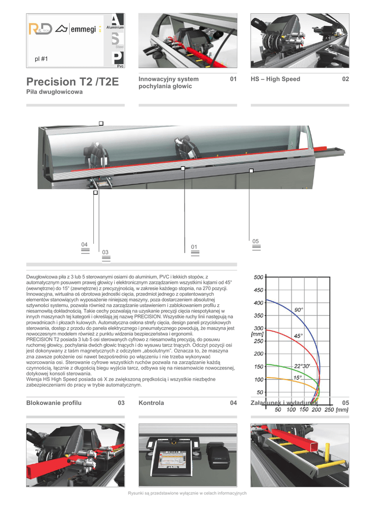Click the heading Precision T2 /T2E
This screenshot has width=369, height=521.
[x=72, y=82]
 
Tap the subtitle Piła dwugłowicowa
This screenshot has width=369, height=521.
[x=55, y=92]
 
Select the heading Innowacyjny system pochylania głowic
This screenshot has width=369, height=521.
[x=169, y=82]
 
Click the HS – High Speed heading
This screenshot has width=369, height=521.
[x=275, y=79]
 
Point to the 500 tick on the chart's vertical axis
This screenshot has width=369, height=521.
[x=258, y=277]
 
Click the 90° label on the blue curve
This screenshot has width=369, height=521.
[x=299, y=309]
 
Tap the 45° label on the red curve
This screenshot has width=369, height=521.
[x=298, y=336]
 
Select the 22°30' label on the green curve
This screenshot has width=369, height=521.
[x=302, y=366]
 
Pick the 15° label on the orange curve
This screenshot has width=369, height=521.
[x=298, y=378]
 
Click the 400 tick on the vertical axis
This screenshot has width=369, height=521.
[x=258, y=303]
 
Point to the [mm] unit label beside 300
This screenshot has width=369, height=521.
[x=257, y=334]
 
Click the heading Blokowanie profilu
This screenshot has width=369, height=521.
[x=54, y=403]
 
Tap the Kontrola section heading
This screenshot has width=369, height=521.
[x=151, y=403]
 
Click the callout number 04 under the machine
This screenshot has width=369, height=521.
[x=85, y=245]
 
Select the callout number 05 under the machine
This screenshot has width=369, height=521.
[x=256, y=241]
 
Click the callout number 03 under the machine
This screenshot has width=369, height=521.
[x=106, y=252]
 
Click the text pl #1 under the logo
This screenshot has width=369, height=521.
[x=41, y=59]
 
